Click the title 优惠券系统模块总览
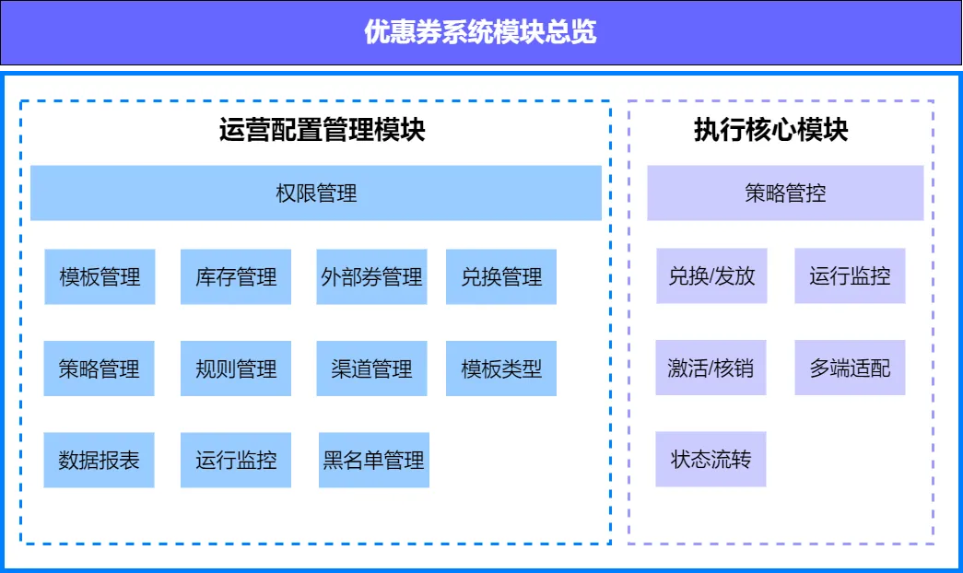(480, 33)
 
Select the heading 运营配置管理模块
(322, 130)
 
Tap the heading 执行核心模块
(770, 130)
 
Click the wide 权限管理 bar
(316, 193)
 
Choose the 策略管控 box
(785, 193)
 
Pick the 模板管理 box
(100, 276)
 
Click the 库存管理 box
(236, 276)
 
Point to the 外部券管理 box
(372, 276)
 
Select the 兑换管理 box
(501, 276)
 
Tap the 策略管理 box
(100, 369)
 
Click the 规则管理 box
(236, 369)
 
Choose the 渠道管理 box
(372, 369)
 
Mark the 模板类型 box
(501, 369)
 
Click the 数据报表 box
(100, 460)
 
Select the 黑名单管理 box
(373, 460)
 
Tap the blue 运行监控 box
(236, 460)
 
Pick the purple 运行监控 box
(850, 275)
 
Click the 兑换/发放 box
(711, 275)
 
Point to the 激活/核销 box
(711, 368)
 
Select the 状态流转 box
(711, 459)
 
